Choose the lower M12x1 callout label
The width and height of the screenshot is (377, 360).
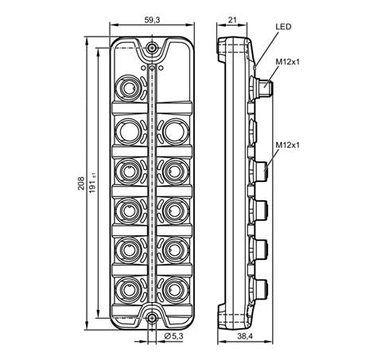pyautogui.click(x=289, y=146)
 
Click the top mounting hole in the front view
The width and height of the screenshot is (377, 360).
pyautogui.click(x=151, y=52)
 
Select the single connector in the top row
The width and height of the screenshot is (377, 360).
pyautogui.click(x=128, y=85)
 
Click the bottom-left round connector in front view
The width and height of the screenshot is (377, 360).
pyautogui.click(x=128, y=288)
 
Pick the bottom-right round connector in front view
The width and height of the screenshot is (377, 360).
pyautogui.click(x=174, y=288)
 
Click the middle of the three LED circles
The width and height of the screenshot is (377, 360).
pyautogui.click(x=151, y=68)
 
